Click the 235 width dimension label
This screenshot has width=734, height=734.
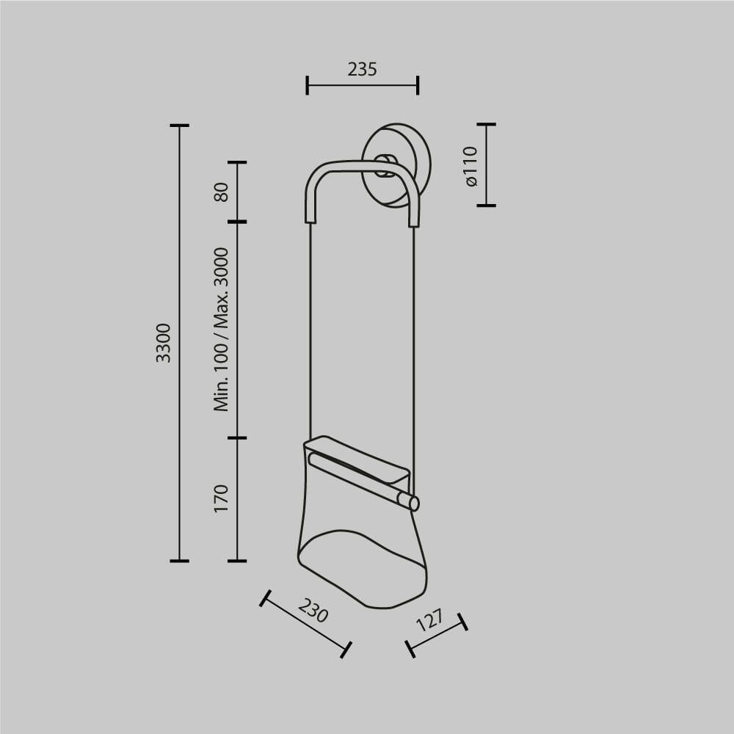(362, 69)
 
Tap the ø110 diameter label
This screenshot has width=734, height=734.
(471, 165)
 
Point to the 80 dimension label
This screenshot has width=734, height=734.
(222, 192)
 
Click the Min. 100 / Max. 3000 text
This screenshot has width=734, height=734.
(222, 329)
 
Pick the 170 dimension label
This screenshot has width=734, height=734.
(222, 498)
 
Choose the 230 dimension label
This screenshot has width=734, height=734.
(313, 610)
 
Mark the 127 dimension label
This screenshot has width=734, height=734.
(430, 620)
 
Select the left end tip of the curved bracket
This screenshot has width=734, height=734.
(310, 215)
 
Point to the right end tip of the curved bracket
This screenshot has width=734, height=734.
(414, 219)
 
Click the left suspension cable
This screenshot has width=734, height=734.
(310, 330)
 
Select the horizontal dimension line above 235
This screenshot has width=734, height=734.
(362, 85)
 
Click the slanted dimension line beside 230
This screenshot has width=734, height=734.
(305, 624)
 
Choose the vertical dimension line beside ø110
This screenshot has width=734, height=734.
(486, 165)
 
